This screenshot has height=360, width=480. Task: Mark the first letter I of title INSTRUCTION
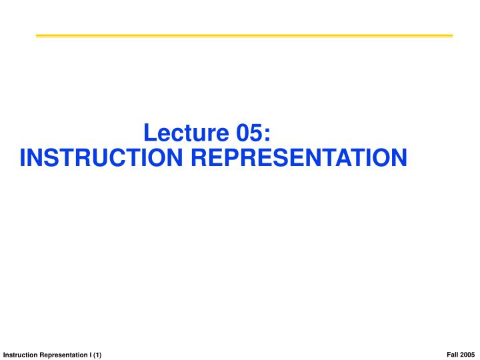click(x=23, y=158)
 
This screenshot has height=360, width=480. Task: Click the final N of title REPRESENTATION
click(x=397, y=158)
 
